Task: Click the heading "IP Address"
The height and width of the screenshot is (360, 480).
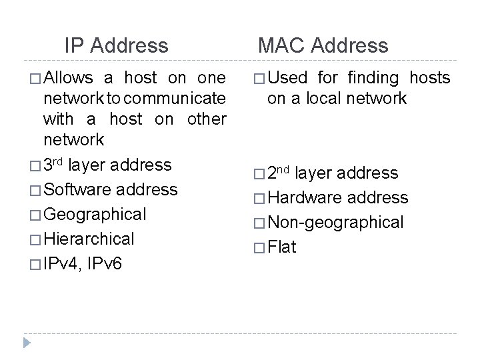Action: [x=117, y=46]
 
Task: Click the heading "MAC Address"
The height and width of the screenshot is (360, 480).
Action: [x=323, y=46]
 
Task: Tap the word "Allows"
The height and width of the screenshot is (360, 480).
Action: [x=70, y=78]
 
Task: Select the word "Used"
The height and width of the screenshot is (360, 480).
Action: [x=291, y=78]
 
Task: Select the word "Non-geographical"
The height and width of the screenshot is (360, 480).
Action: [x=335, y=223]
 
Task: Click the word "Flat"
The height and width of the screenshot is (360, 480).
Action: [x=282, y=247]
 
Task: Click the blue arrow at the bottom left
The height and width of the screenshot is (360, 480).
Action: [x=27, y=343]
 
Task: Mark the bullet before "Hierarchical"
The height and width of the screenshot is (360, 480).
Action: [x=34, y=239]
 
